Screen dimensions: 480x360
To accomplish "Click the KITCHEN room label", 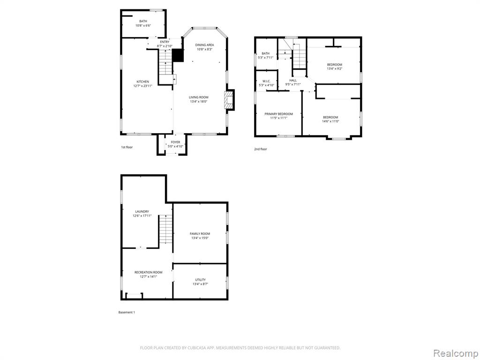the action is pyautogui.click(x=142, y=82).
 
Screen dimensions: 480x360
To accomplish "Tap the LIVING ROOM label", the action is pyautogui.click(x=199, y=97).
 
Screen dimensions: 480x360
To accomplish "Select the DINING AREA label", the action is pyautogui.click(x=204, y=45).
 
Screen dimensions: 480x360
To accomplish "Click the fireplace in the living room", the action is pyautogui.click(x=229, y=100).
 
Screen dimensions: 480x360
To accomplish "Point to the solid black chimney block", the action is pyautogui.click(x=178, y=55).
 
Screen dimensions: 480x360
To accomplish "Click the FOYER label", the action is pyautogui.click(x=175, y=142).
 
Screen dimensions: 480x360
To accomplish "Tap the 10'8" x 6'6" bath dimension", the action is pyautogui.click(x=143, y=26).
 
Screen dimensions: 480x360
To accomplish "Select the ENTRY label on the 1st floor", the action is pyautogui.click(x=165, y=42).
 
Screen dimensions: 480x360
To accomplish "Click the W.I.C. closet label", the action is pyautogui.click(x=266, y=81).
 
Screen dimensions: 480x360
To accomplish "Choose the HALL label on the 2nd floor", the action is pyautogui.click(x=293, y=80).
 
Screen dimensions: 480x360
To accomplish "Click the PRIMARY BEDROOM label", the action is pyautogui.click(x=278, y=114).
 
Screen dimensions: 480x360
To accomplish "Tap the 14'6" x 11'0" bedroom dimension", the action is pyautogui.click(x=330, y=121).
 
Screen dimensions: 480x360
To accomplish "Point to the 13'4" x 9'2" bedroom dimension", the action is pyautogui.click(x=335, y=68).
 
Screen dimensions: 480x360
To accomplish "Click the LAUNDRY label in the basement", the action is pyautogui.click(x=142, y=211).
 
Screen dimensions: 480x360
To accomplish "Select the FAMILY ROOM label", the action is pyautogui.click(x=200, y=233).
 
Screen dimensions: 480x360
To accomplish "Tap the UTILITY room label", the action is pyautogui.click(x=201, y=280).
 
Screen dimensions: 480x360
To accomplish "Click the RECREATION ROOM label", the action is pyautogui.click(x=149, y=272).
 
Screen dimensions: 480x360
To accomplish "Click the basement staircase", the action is pyautogui.click(x=165, y=229).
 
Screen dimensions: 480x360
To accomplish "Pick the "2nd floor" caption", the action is pyautogui.click(x=261, y=149).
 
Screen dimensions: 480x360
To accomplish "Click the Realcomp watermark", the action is pyautogui.click(x=456, y=353).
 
